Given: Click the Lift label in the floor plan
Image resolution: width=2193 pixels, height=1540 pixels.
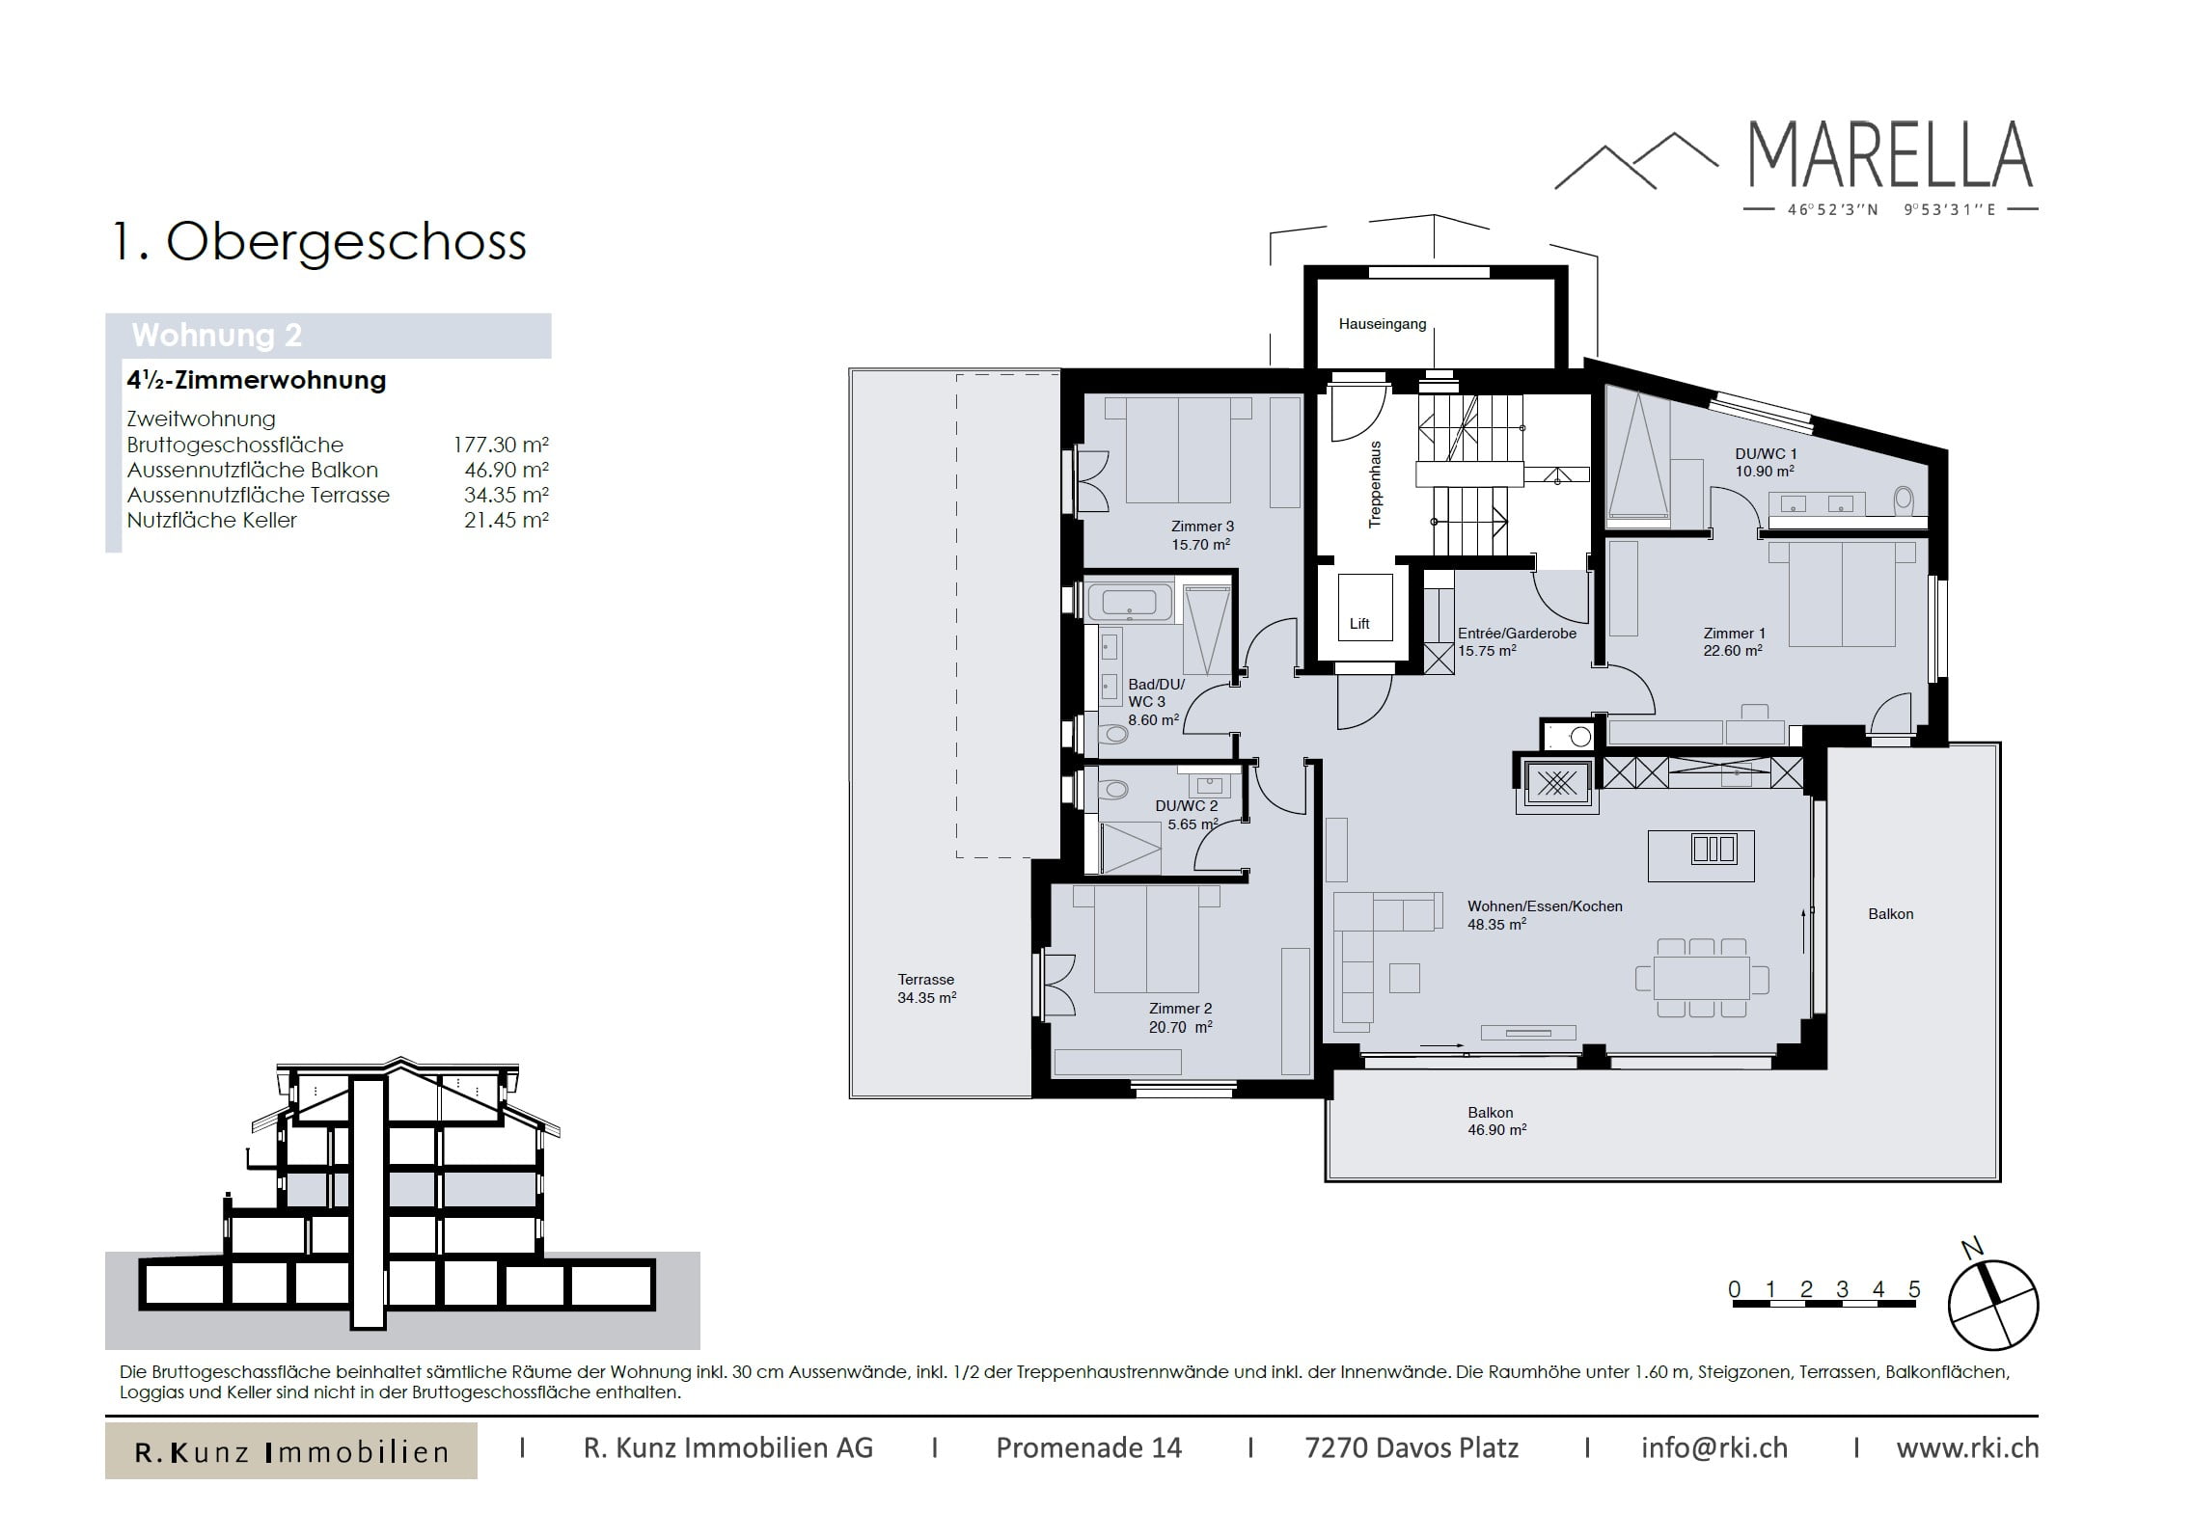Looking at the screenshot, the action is (1359, 624).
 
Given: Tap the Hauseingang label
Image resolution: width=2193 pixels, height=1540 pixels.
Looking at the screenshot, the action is (1382, 324).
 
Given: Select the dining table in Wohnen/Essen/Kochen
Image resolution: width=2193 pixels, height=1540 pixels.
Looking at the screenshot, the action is (1701, 978).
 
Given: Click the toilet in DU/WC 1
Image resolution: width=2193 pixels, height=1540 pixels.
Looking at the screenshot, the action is (1904, 500).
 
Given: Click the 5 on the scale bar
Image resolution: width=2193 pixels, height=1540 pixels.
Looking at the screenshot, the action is (1914, 1289).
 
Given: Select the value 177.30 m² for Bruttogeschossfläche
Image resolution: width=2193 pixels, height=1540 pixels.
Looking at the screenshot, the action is (501, 445).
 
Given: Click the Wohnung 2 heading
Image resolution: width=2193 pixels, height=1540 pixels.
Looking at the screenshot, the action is (217, 335).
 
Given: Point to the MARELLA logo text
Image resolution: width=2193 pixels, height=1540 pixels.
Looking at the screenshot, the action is (1890, 154).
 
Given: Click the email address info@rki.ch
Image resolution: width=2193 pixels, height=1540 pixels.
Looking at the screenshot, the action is (1714, 1447).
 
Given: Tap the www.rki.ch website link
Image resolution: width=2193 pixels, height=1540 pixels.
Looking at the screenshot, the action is (1967, 1447).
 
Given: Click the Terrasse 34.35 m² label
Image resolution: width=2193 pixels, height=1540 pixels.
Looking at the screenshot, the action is (926, 988).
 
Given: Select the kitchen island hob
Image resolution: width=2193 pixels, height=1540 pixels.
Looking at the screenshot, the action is (1713, 849).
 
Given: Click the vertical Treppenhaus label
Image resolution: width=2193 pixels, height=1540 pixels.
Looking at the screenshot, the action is (1376, 484).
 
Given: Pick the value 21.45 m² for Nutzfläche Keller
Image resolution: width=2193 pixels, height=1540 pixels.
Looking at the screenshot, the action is (506, 520).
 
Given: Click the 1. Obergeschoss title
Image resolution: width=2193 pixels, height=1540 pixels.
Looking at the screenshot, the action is (319, 241).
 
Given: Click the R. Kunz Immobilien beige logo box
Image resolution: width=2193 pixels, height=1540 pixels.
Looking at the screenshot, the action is (291, 1450).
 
